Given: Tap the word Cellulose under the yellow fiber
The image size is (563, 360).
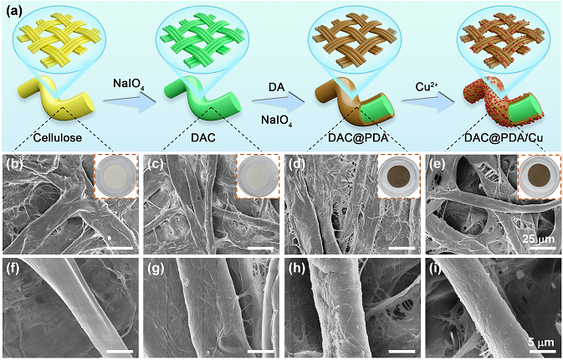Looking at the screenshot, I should tap(59, 137).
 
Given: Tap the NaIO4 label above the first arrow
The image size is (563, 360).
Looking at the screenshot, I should tap(130, 84).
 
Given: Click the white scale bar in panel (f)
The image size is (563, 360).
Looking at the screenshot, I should tap(119, 352).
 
